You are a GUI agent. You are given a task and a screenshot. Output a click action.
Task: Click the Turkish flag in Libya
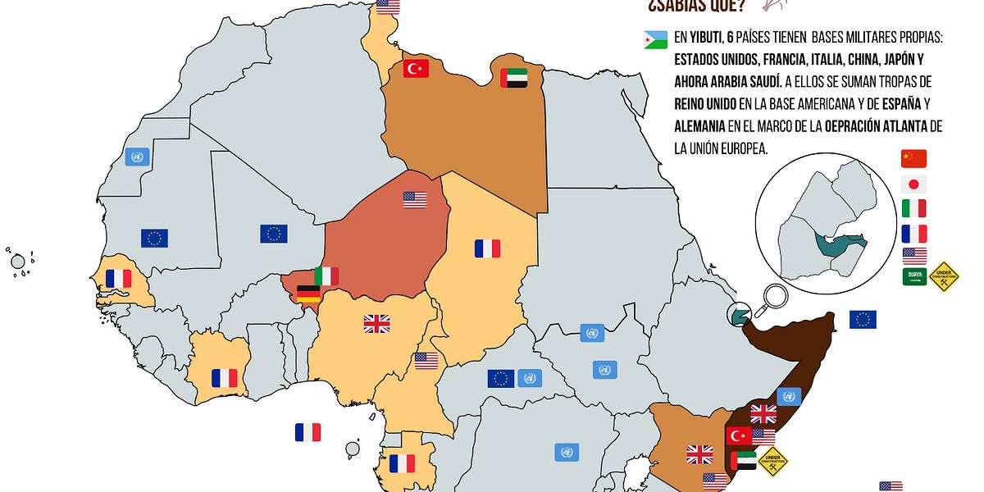coord(416,68)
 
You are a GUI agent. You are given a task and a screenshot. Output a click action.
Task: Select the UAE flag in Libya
coord(513,78)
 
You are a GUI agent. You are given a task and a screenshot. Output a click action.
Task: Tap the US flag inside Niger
coord(415,199)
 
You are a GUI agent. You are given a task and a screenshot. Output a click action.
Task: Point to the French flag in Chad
coord(487,248)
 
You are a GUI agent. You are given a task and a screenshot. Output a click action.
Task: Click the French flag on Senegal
coord(118,279)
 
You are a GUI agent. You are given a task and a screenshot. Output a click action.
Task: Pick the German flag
coord(308,294)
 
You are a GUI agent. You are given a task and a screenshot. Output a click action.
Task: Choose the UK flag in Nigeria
coord(376,324)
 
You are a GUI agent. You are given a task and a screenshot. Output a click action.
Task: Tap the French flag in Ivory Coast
coord(224,378)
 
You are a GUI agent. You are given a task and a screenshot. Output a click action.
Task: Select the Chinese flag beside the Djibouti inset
coord(913,159)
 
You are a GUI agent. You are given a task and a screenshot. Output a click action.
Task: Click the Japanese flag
coord(913,184)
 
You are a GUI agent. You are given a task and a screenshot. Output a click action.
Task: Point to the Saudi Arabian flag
coord(913,277)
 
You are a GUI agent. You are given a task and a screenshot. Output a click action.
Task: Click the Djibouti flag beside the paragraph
coord(657,39)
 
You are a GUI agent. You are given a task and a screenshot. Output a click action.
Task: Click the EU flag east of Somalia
coord(863,320)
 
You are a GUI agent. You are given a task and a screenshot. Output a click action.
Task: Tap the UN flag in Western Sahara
coord(137,157)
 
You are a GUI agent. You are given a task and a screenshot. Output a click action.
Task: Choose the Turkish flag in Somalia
coord(739,435)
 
